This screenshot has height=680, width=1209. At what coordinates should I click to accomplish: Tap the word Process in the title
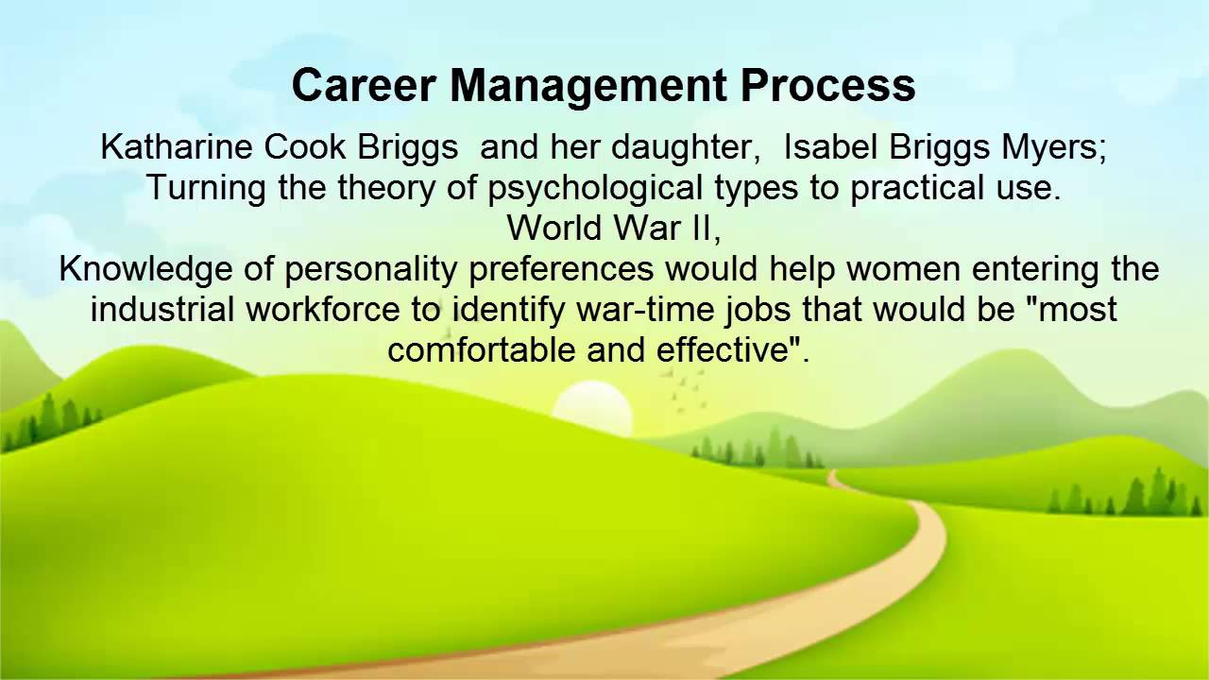pyautogui.click(x=828, y=86)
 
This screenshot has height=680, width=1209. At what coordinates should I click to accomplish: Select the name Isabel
pyautogui.click(x=831, y=147)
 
